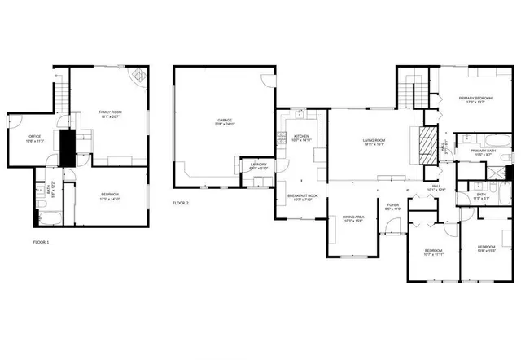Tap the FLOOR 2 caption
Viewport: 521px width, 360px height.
tap(181, 202)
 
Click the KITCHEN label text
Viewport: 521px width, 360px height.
tap(301, 137)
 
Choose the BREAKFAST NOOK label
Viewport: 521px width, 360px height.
tap(301, 195)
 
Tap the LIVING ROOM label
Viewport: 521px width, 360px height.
tap(374, 140)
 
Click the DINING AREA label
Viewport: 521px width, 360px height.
tap(352, 217)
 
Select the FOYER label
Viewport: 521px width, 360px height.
tap(392, 205)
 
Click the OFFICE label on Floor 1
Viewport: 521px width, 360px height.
tap(35, 137)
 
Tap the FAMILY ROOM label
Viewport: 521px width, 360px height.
tap(110, 112)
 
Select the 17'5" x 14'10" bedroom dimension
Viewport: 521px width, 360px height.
tap(110, 198)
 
